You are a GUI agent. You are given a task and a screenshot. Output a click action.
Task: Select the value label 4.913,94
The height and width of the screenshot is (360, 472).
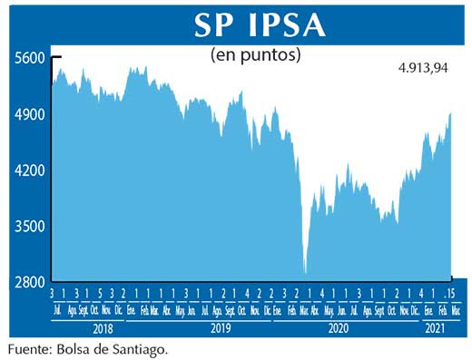click(x=425, y=67)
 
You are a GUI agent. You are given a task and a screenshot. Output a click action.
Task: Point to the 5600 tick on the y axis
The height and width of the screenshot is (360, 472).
click(x=29, y=57)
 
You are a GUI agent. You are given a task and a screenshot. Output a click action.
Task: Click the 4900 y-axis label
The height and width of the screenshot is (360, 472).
click(x=29, y=114)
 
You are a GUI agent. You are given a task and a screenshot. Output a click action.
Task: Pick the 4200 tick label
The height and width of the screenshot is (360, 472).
click(x=29, y=170)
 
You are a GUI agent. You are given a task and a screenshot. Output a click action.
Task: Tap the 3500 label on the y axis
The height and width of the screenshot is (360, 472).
click(x=29, y=227)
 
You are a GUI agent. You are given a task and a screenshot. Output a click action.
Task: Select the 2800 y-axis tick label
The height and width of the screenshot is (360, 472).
click(x=29, y=283)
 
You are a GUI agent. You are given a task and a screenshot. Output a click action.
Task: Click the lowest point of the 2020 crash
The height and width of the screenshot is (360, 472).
click(x=306, y=273)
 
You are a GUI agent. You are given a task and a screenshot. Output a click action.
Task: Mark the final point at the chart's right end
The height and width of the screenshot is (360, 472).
click(x=451, y=112)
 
